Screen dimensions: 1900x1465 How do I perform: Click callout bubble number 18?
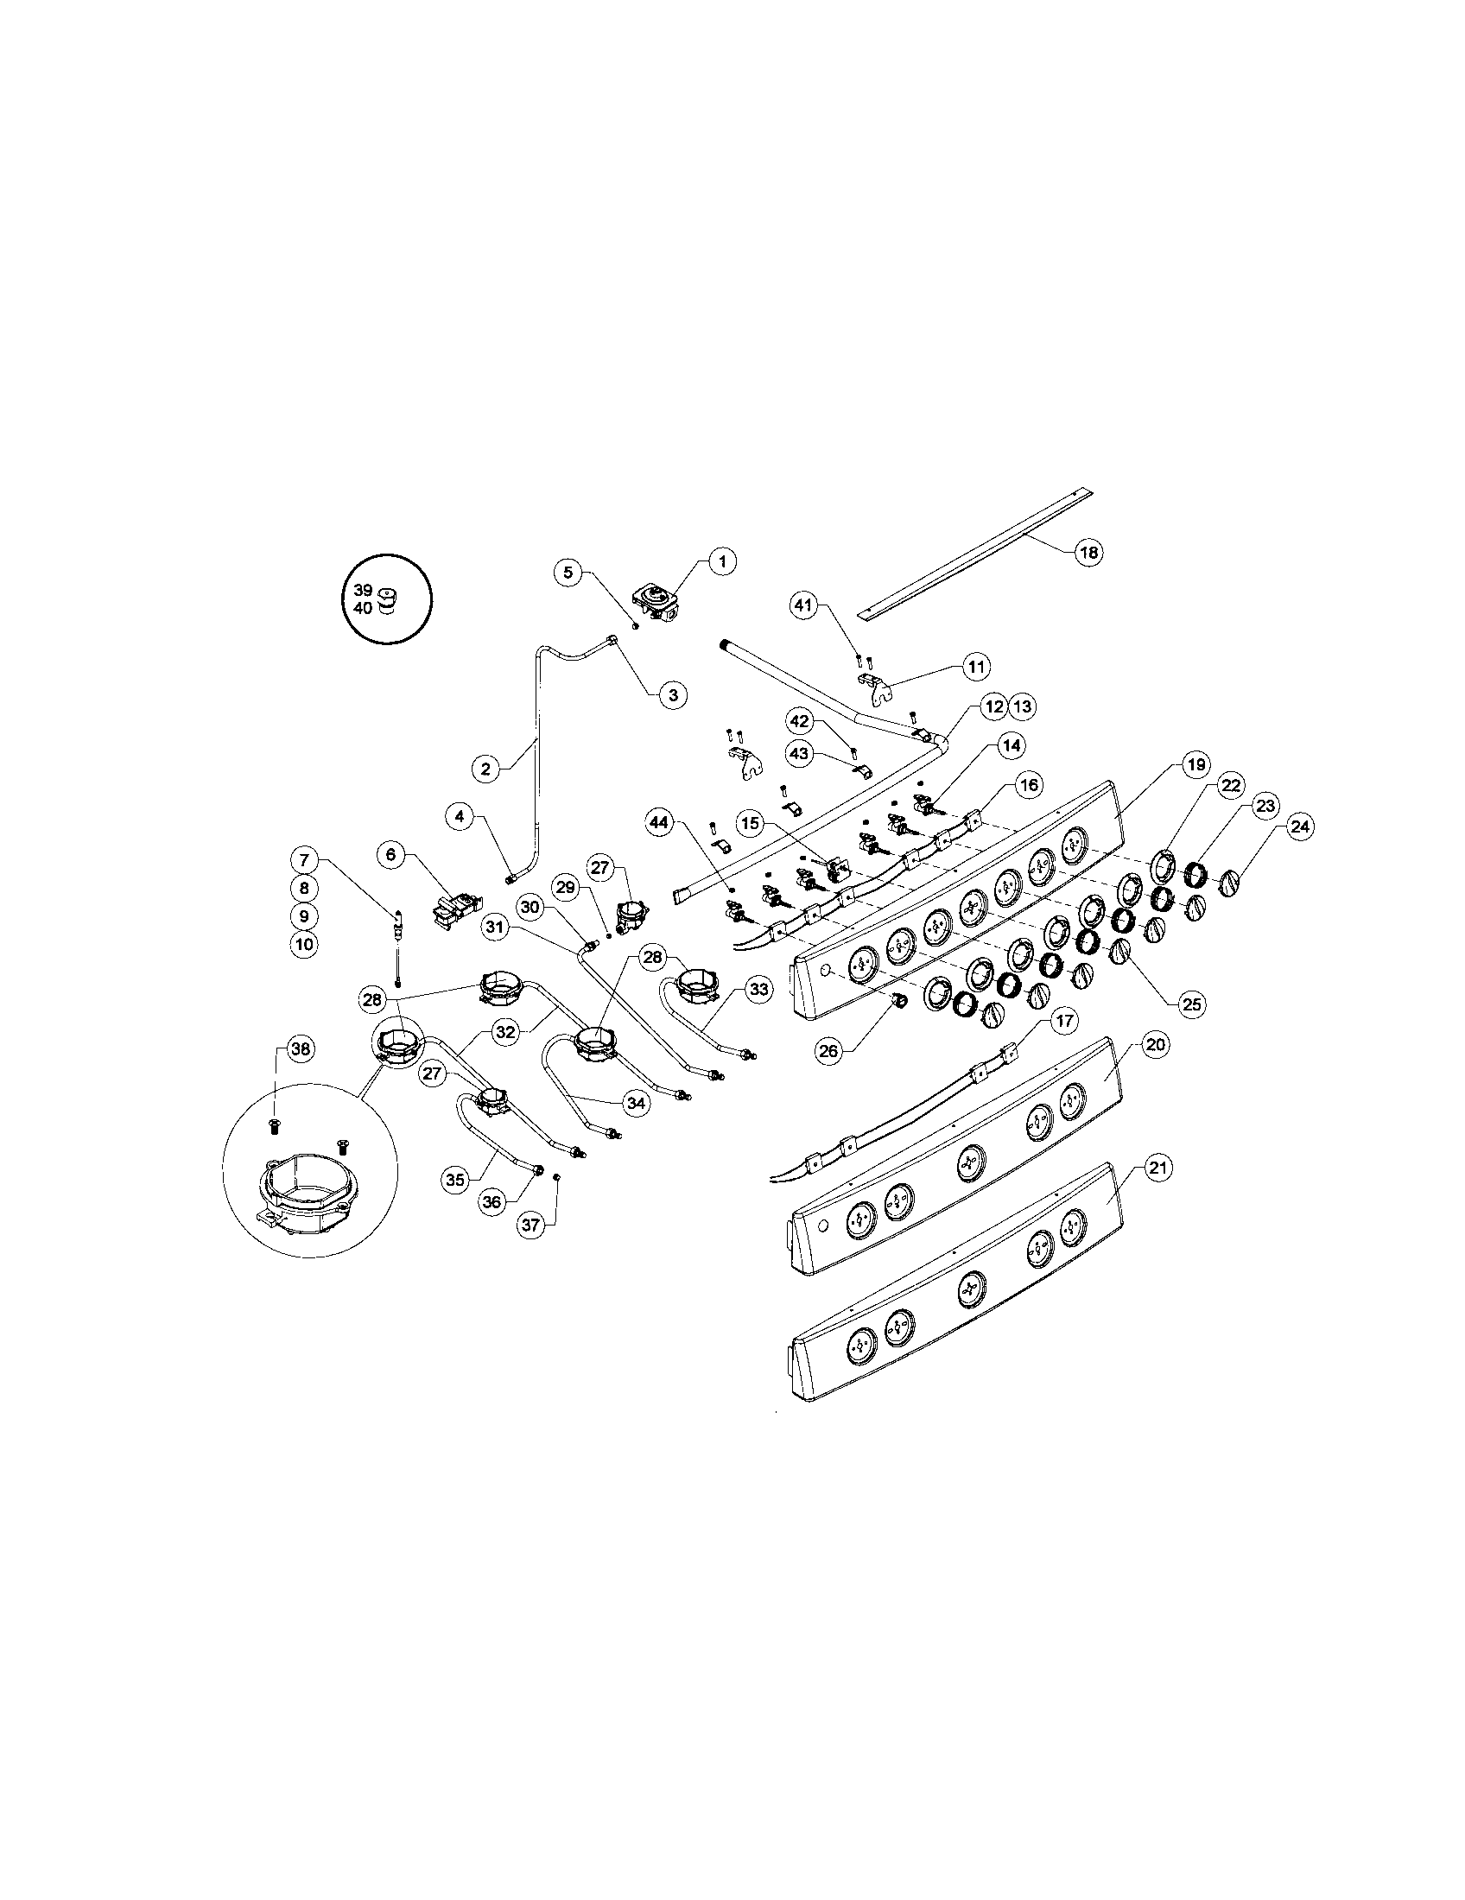[x=1088, y=552]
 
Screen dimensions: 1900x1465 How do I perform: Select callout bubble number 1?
[x=721, y=562]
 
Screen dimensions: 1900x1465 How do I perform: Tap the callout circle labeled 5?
[x=568, y=573]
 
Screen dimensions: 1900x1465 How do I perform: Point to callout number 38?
[x=300, y=1049]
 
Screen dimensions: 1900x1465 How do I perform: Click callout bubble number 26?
[x=829, y=1051]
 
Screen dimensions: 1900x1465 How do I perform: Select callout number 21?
[x=1155, y=1168]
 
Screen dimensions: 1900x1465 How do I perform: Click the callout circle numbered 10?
[x=304, y=944]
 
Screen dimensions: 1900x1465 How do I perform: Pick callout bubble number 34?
[x=637, y=1103]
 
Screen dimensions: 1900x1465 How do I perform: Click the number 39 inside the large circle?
[x=364, y=589]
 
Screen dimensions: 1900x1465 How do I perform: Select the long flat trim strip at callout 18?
[x=974, y=553]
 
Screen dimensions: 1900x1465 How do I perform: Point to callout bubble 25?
[x=1190, y=1003]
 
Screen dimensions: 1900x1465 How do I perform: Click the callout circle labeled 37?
[x=530, y=1225]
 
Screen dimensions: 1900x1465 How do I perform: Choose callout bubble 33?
[x=759, y=989]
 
